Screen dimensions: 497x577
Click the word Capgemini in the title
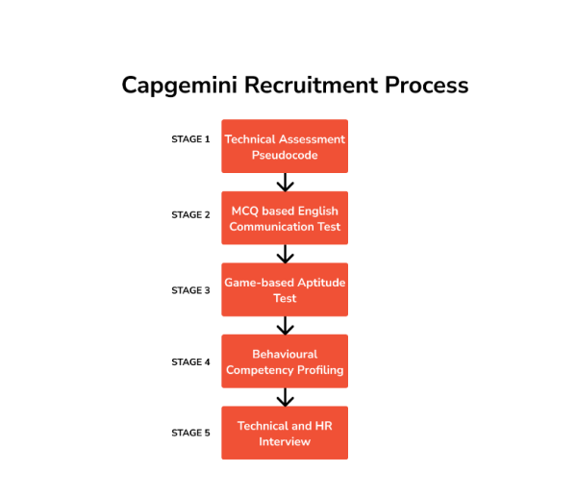[x=180, y=86]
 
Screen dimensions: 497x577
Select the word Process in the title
[x=427, y=86]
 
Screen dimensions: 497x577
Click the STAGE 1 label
[x=190, y=139]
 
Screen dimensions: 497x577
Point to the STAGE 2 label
[x=190, y=215]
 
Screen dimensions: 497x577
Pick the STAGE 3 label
[x=190, y=290]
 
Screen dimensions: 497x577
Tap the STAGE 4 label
[x=190, y=362]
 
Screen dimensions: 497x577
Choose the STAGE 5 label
[x=190, y=434]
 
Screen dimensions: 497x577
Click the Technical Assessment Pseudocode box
[x=285, y=146]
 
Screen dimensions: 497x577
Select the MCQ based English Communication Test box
[x=285, y=218]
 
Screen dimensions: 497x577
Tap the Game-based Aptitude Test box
[x=285, y=289]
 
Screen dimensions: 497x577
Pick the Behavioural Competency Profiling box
[x=285, y=361]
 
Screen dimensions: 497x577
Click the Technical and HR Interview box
[x=285, y=433]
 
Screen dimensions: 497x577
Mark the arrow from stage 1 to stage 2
[x=285, y=183]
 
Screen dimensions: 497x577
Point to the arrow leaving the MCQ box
[x=285, y=254]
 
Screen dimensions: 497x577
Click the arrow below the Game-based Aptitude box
[x=285, y=325]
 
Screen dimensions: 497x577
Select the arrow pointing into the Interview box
[x=285, y=397]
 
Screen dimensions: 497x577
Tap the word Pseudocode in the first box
[x=285, y=155]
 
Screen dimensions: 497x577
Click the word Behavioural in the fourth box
[x=285, y=354]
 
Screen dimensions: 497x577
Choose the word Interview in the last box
[x=285, y=441]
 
